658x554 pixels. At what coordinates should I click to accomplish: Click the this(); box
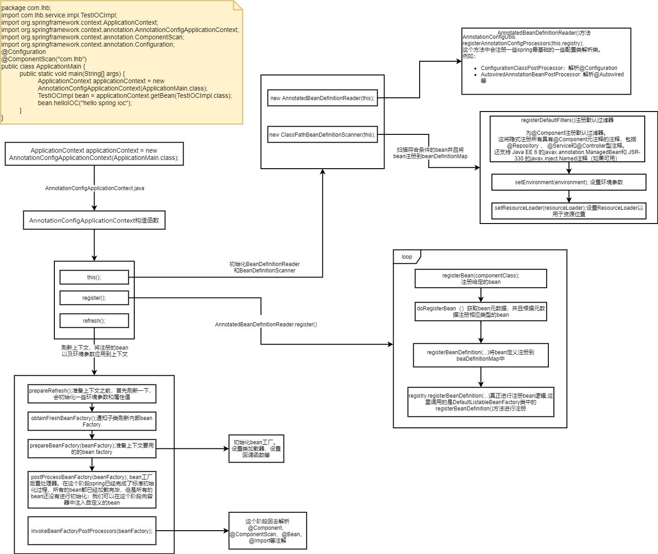(94, 277)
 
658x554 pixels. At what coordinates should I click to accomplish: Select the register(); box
(94, 298)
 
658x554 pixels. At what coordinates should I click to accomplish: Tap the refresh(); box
(94, 321)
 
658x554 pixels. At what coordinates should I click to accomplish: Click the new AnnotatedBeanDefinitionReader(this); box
(322, 98)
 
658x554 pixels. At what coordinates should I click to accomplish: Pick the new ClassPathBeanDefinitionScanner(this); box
(322, 135)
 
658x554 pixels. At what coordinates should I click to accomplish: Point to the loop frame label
(407, 257)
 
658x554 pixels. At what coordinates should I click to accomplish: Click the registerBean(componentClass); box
(480, 279)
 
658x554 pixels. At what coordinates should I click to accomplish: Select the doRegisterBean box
(480, 312)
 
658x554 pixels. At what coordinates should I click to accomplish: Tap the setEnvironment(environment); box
(569, 182)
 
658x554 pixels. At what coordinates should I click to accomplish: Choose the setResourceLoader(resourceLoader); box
(569, 211)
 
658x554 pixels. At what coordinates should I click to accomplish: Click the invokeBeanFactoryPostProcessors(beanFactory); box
(92, 531)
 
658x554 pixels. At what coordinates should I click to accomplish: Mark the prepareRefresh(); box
(92, 394)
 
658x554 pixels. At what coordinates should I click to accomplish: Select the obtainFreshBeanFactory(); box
(92, 421)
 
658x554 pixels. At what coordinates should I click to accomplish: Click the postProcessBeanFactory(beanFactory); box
(92, 490)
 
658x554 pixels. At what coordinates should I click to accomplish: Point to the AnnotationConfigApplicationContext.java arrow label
(95, 188)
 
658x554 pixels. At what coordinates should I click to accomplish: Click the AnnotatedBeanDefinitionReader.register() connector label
(266, 325)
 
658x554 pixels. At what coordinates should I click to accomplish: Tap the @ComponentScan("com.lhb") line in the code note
(44, 59)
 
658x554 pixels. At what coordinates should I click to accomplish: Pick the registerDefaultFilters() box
(567, 139)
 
